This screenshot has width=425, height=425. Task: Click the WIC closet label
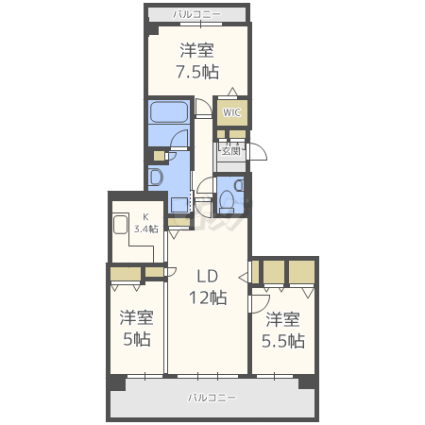point(231,112)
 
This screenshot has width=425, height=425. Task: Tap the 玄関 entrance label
point(231,151)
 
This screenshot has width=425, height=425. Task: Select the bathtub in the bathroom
point(169,112)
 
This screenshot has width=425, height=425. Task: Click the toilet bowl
point(227,201)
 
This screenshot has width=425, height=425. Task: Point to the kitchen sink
point(120,224)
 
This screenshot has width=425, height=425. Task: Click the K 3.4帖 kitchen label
point(145,223)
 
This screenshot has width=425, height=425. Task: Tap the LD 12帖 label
point(208,287)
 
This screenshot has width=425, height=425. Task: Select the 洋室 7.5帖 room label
point(197,61)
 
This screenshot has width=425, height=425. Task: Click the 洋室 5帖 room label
point(136,328)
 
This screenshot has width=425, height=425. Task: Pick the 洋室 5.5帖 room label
point(283,330)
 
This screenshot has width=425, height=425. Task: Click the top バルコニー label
point(197,14)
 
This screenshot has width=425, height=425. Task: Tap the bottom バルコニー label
point(212,398)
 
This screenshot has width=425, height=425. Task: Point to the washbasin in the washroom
point(156,177)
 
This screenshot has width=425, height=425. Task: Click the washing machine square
point(179,205)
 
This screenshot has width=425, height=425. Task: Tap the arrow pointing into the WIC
point(232,92)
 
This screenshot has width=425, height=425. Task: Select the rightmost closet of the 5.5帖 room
point(301,272)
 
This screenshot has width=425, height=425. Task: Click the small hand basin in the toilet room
point(239,185)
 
